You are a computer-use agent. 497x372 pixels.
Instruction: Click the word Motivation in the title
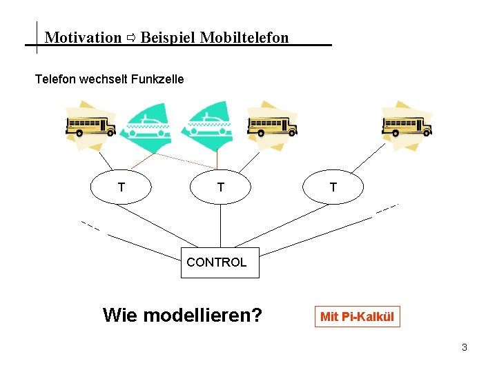[x=83, y=38]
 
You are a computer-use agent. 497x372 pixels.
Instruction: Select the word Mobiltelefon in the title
[x=244, y=38]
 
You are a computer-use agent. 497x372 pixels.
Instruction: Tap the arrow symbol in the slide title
[x=131, y=38]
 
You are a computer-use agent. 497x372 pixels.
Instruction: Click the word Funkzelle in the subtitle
[x=158, y=79]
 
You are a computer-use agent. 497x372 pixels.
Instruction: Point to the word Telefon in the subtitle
[x=55, y=79]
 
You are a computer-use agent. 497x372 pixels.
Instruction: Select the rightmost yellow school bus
[x=407, y=126]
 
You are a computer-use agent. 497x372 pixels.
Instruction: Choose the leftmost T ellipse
[x=121, y=187]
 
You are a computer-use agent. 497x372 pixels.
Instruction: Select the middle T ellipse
[x=221, y=187]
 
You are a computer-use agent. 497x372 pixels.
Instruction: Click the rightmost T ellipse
[x=333, y=187]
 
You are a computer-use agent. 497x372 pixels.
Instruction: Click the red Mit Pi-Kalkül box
[x=357, y=317]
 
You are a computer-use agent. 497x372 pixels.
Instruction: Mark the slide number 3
[x=465, y=347]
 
